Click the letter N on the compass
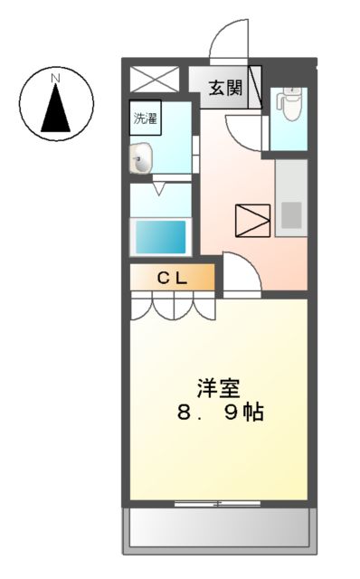click(55, 80)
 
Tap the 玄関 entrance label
click(225, 88)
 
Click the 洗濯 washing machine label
click(145, 117)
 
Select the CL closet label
click(173, 279)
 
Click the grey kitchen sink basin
click(291, 214)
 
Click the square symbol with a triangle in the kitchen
click(251, 220)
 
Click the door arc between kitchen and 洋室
click(240, 273)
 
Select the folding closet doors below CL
click(173, 308)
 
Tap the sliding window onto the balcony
click(217, 502)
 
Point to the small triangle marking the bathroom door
click(159, 189)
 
